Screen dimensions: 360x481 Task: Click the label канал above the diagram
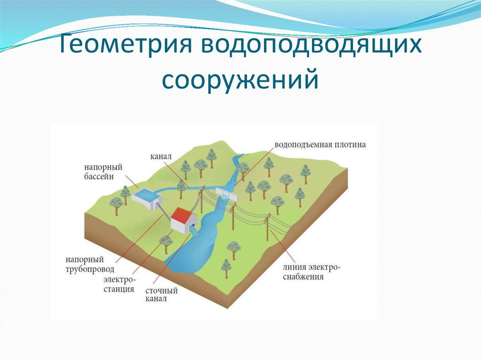162,155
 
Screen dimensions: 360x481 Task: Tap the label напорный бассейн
103,171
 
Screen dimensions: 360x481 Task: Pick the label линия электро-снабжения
311,272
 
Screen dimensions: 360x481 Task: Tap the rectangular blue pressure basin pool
146,194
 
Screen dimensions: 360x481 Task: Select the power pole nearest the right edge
268,228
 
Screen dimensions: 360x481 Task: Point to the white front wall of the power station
178,225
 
